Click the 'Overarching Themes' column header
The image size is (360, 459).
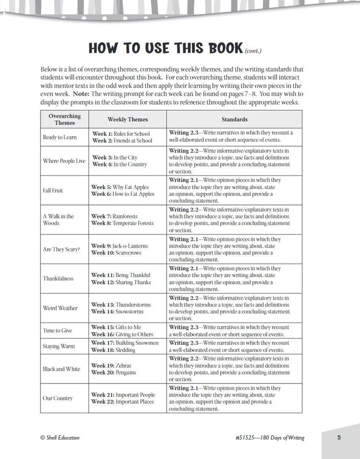[65, 119]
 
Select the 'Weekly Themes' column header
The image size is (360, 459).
[128, 119]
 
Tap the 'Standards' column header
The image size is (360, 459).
[235, 119]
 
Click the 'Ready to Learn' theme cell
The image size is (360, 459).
[60, 137]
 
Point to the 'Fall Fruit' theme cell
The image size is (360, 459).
[53, 190]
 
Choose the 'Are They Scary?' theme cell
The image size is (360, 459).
[61, 249]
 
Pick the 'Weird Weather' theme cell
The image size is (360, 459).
[60, 308]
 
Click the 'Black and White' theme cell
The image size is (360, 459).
[61, 369]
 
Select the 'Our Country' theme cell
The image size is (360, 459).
[58, 398]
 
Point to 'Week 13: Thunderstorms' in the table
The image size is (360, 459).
[121, 305]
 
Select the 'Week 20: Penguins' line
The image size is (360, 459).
[114, 373]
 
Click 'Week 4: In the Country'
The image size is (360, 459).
[119, 164]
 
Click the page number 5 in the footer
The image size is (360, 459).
[339, 438]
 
